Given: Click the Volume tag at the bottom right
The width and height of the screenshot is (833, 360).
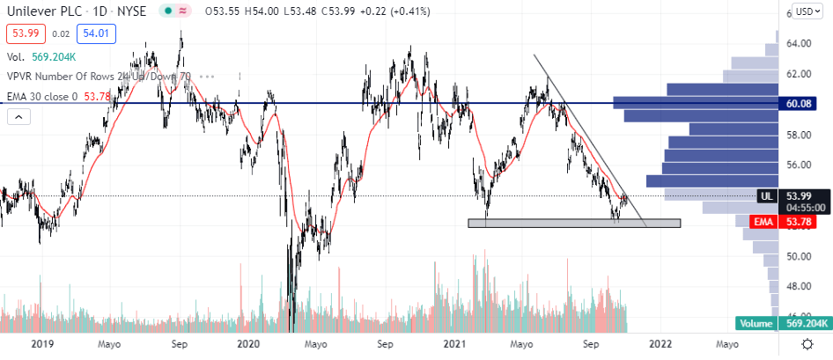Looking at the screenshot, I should (x=754, y=323).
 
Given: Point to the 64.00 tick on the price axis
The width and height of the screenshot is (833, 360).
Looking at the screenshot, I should (x=798, y=43).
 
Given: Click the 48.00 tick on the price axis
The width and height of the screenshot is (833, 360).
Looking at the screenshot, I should (x=798, y=286).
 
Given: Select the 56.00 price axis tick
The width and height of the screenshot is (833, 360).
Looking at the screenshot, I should (x=798, y=165).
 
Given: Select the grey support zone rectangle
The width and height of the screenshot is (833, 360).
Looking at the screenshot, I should (x=573, y=223).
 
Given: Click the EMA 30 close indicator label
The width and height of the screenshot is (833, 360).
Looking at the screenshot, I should (x=53, y=95).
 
